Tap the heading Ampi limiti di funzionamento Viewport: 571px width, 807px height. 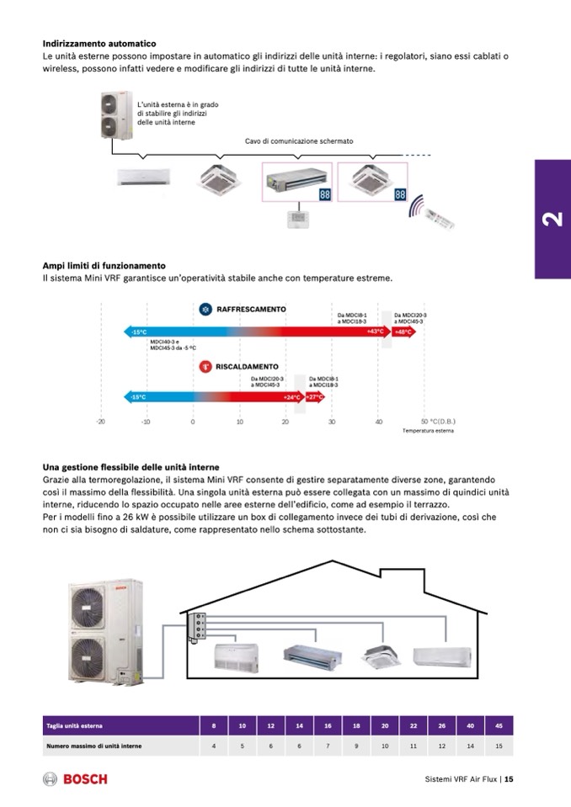(104, 265)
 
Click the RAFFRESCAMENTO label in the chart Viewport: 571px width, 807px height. (251, 310)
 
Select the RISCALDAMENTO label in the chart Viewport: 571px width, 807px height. (247, 367)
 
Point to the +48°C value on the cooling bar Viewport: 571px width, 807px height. (403, 332)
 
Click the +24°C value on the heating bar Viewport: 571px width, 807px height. (292, 396)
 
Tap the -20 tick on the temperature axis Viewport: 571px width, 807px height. (100, 421)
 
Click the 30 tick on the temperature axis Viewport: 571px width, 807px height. (332, 421)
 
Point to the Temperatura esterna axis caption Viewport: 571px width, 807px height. (427, 430)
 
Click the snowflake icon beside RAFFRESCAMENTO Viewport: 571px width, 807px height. (205, 310)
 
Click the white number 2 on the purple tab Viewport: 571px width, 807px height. (552, 220)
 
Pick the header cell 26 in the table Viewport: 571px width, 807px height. (442, 725)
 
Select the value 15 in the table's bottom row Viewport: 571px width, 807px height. (499, 746)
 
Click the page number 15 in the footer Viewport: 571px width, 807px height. (509, 779)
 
